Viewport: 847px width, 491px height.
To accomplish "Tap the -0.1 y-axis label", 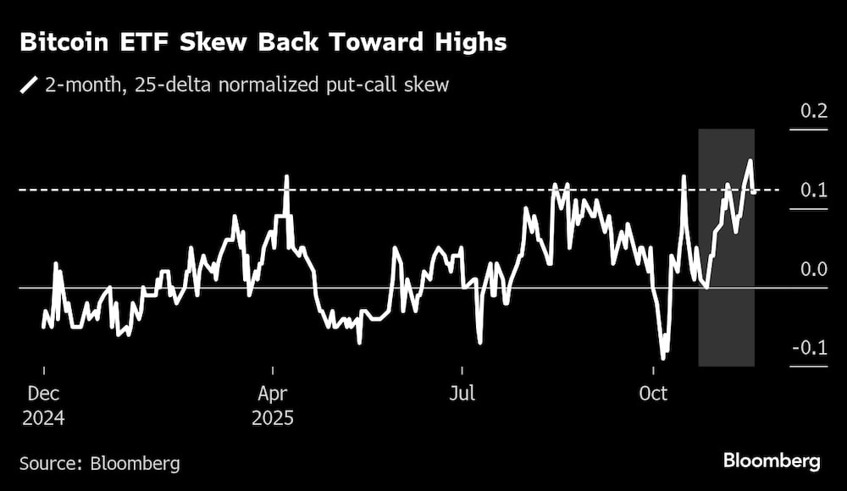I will pyautogui.click(x=810, y=349).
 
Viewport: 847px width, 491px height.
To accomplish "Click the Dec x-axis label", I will pyautogui.click(x=43, y=394).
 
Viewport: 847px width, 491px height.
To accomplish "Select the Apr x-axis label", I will pyautogui.click(x=274, y=394).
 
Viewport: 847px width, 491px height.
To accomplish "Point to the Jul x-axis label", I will pyautogui.click(x=462, y=394).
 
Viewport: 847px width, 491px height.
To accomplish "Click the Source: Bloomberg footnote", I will pyautogui.click(x=99, y=463).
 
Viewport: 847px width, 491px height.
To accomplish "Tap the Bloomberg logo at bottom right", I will pyautogui.click(x=772, y=461).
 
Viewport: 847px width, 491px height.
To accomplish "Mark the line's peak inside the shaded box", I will pyautogui.click(x=750, y=161).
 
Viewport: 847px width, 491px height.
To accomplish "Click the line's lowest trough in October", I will pyautogui.click(x=663, y=358).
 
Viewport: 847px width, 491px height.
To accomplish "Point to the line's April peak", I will pyautogui.click(x=286, y=177).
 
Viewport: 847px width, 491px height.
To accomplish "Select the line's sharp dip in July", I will pyautogui.click(x=480, y=342).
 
